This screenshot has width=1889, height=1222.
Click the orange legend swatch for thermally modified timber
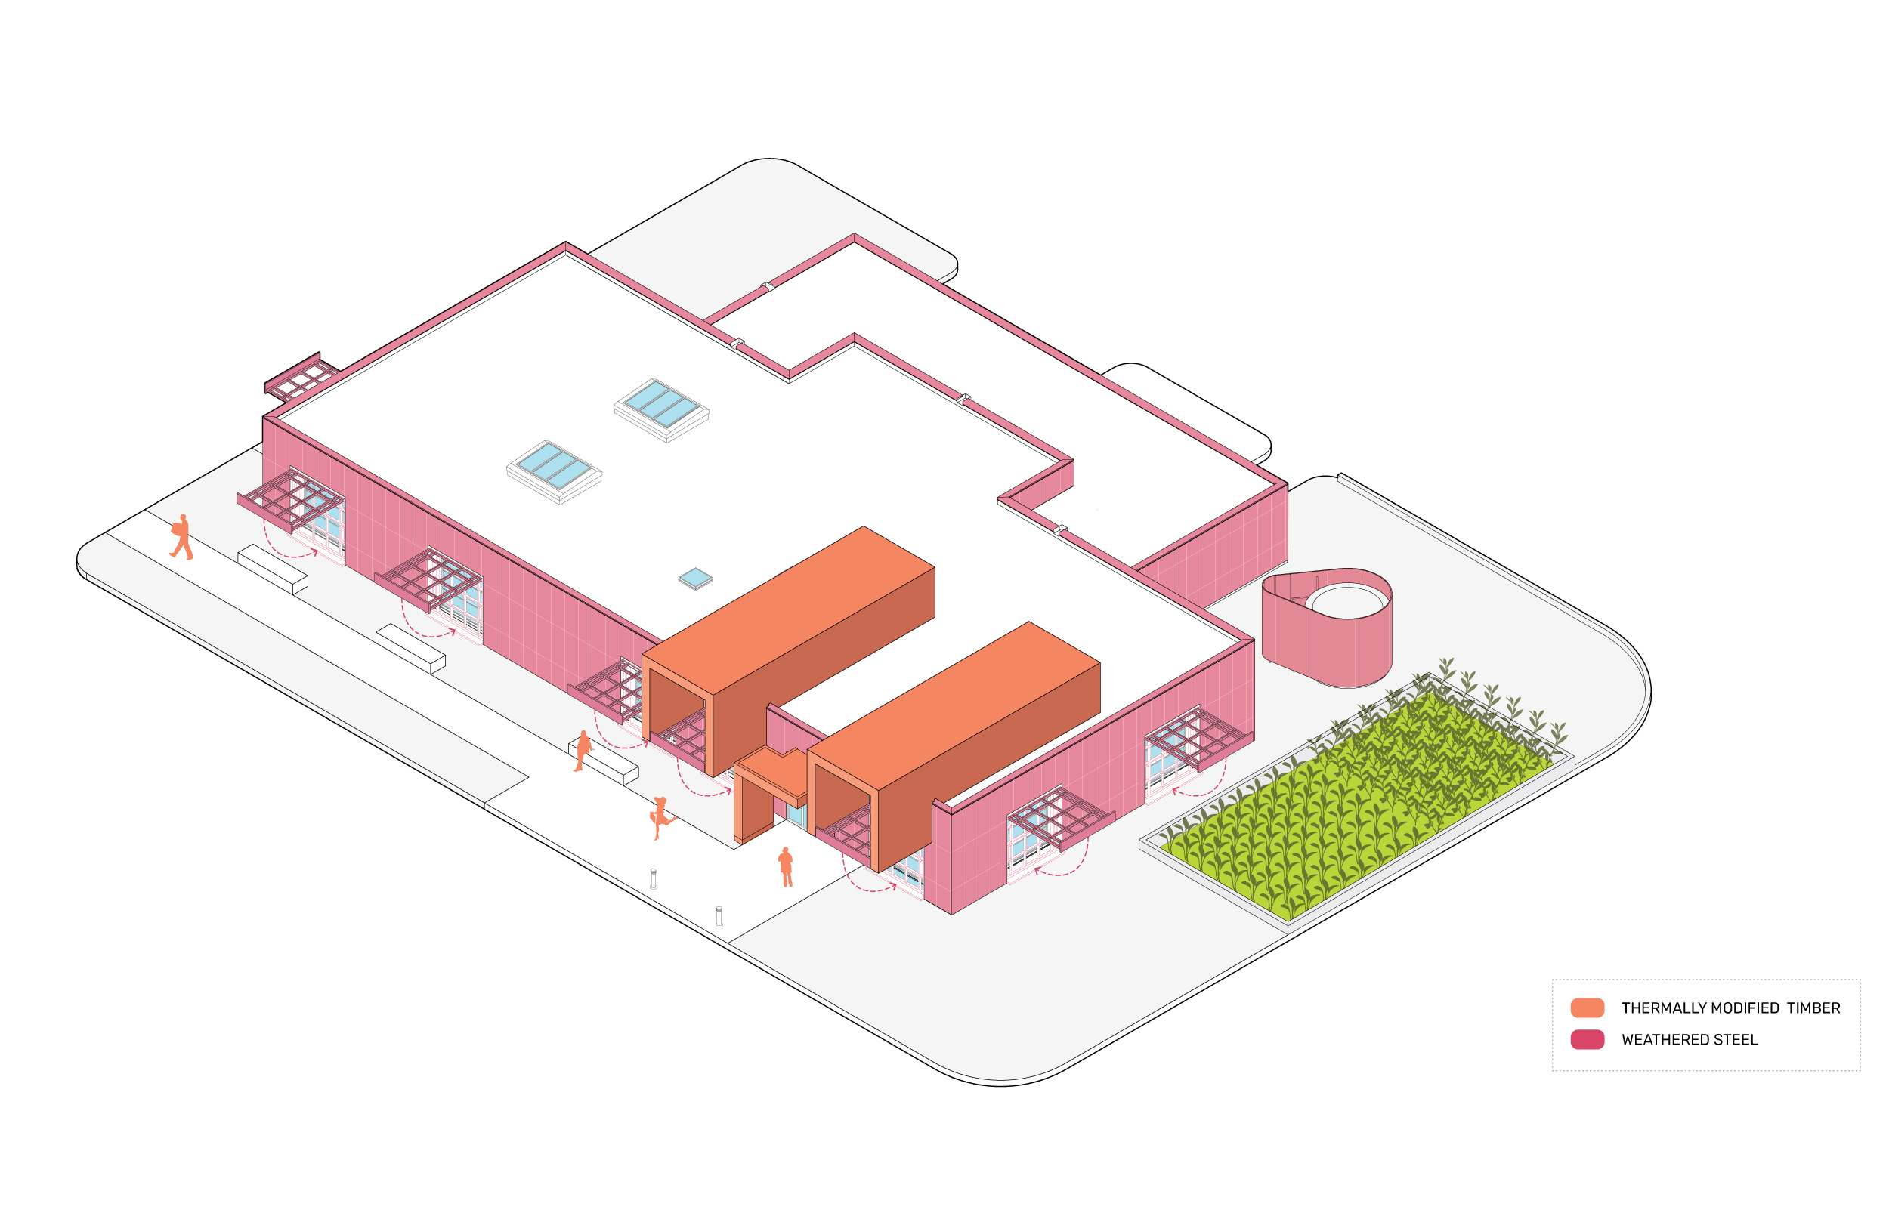pos(1587,1008)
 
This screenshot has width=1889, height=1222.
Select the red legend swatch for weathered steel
pos(1587,1039)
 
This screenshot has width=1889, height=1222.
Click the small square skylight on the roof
pos(695,579)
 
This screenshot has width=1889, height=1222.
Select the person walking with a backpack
pos(182,537)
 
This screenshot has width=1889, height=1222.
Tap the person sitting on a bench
pos(583,751)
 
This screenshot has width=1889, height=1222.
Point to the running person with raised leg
pos(660,817)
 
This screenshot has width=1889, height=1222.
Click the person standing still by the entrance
pos(786,866)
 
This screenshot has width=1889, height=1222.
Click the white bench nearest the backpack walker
pos(272,568)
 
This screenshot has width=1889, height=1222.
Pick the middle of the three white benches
pos(410,648)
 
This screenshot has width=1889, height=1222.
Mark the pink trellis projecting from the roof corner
pos(300,377)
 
